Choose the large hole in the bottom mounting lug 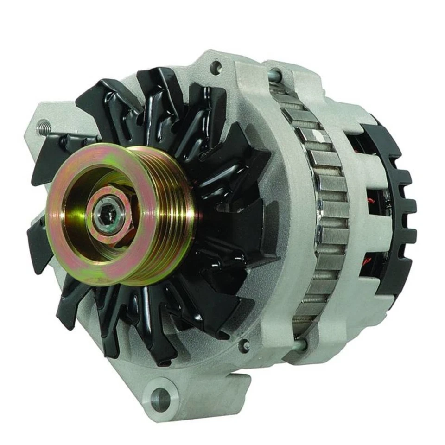160,396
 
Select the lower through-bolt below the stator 300,343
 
